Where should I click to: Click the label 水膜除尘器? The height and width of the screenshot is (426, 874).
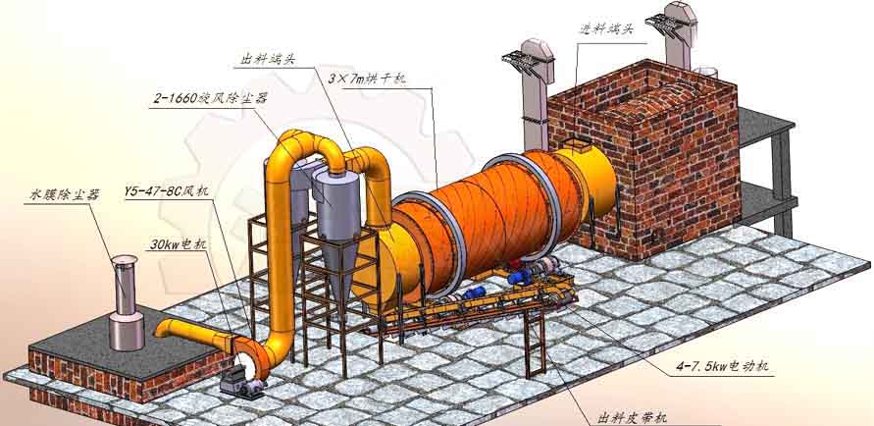[65, 195]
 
